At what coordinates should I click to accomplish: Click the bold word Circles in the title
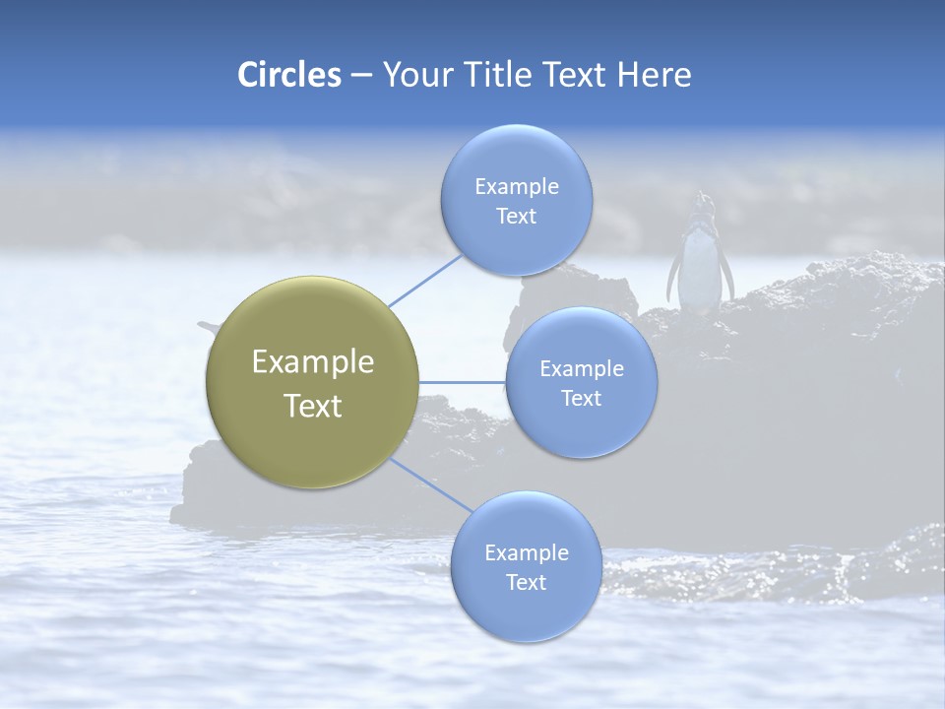(x=288, y=74)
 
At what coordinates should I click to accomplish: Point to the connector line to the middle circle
(x=463, y=382)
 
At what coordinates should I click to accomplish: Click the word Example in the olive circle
(x=313, y=362)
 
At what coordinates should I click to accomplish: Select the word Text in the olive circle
(x=313, y=406)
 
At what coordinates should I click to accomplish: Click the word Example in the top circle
(x=516, y=187)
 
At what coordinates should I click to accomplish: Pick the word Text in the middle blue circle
(x=581, y=398)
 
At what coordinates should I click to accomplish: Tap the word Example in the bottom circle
(x=526, y=553)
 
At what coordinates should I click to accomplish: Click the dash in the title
(x=360, y=75)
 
